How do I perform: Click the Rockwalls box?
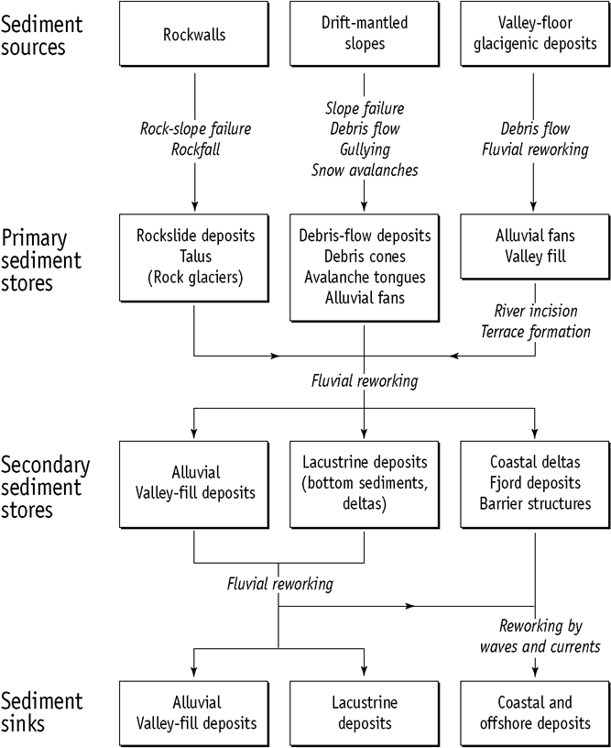coord(195,37)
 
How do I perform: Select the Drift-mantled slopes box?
coord(365,37)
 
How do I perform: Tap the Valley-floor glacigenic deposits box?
coord(535,37)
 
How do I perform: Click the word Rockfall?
coord(195,149)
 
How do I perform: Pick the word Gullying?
coord(365,149)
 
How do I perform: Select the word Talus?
coord(195,258)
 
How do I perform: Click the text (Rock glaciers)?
coord(195,278)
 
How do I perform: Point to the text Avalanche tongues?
coord(365,278)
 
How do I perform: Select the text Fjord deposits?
coord(535,483)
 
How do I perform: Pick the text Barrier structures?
coord(535,502)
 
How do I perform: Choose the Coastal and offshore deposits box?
coord(535,712)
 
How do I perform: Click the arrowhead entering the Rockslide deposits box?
coord(195,207)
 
